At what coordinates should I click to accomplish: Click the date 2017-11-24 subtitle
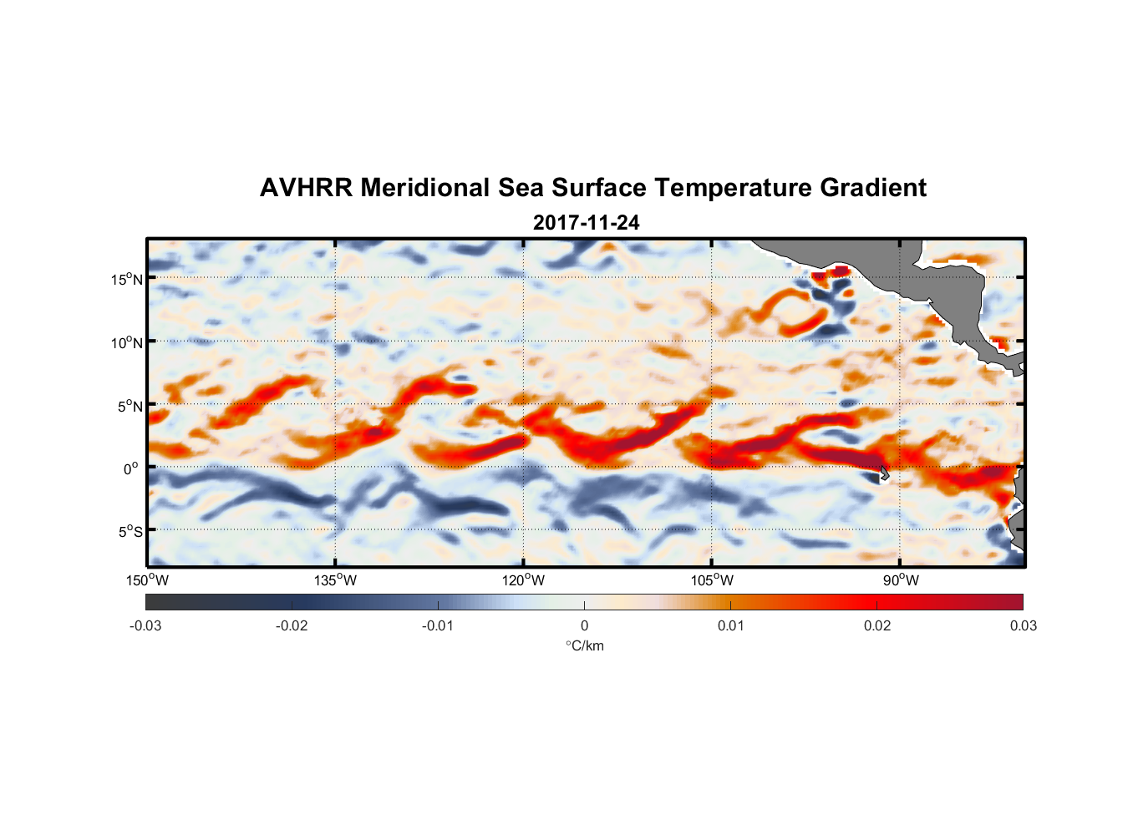[x=586, y=223]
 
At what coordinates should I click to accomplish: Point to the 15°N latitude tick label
[x=127, y=279]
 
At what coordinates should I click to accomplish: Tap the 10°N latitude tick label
[x=127, y=342]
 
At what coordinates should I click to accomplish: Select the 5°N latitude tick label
[x=130, y=406]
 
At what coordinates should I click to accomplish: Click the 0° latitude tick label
[x=131, y=468]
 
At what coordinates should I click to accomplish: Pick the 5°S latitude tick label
[x=130, y=531]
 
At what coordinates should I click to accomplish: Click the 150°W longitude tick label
[x=148, y=580]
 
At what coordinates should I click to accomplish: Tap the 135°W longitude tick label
[x=336, y=580]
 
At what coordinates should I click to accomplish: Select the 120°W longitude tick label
[x=524, y=580]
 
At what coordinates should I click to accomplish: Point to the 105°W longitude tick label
[x=712, y=580]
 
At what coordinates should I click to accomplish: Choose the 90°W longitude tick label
[x=901, y=580]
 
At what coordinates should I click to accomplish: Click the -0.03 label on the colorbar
[x=145, y=625]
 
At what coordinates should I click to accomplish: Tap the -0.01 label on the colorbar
[x=438, y=625]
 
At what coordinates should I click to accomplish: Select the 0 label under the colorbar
[x=584, y=625]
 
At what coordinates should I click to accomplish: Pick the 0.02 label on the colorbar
[x=877, y=625]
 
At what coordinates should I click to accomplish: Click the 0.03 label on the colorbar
[x=1023, y=625]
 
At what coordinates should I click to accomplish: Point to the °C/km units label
[x=584, y=645]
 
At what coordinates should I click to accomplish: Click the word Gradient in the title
[x=873, y=188]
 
